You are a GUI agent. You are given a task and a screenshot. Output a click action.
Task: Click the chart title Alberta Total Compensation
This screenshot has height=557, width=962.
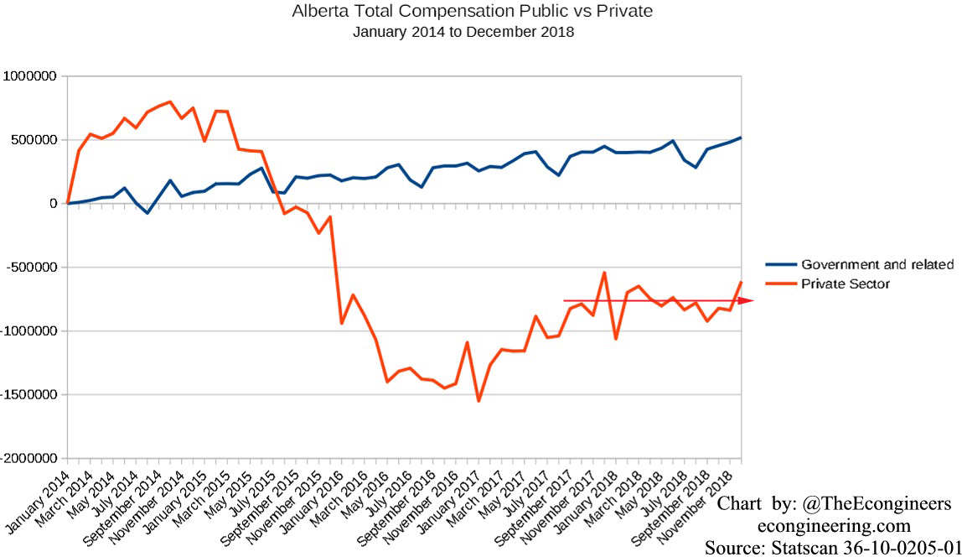pos(472,12)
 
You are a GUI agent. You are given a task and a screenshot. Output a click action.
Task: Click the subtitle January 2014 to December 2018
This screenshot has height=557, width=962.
pos(463,32)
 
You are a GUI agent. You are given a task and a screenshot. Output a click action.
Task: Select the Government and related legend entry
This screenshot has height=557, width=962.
pos(877,264)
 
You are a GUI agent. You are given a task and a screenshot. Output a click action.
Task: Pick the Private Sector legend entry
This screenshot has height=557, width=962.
pos(845,284)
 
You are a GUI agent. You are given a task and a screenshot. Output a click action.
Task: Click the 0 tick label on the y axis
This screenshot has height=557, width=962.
pos(54,204)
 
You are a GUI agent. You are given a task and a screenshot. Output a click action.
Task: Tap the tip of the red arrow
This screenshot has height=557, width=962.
pos(753,300)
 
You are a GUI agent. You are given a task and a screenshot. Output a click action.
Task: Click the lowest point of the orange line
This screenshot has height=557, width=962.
pos(478,401)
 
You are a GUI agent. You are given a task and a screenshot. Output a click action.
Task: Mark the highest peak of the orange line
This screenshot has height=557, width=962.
pos(170,102)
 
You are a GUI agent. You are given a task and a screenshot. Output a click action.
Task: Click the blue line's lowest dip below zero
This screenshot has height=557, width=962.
pos(147,213)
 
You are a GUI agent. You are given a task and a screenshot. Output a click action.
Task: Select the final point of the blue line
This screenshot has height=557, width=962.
pos(742,138)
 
